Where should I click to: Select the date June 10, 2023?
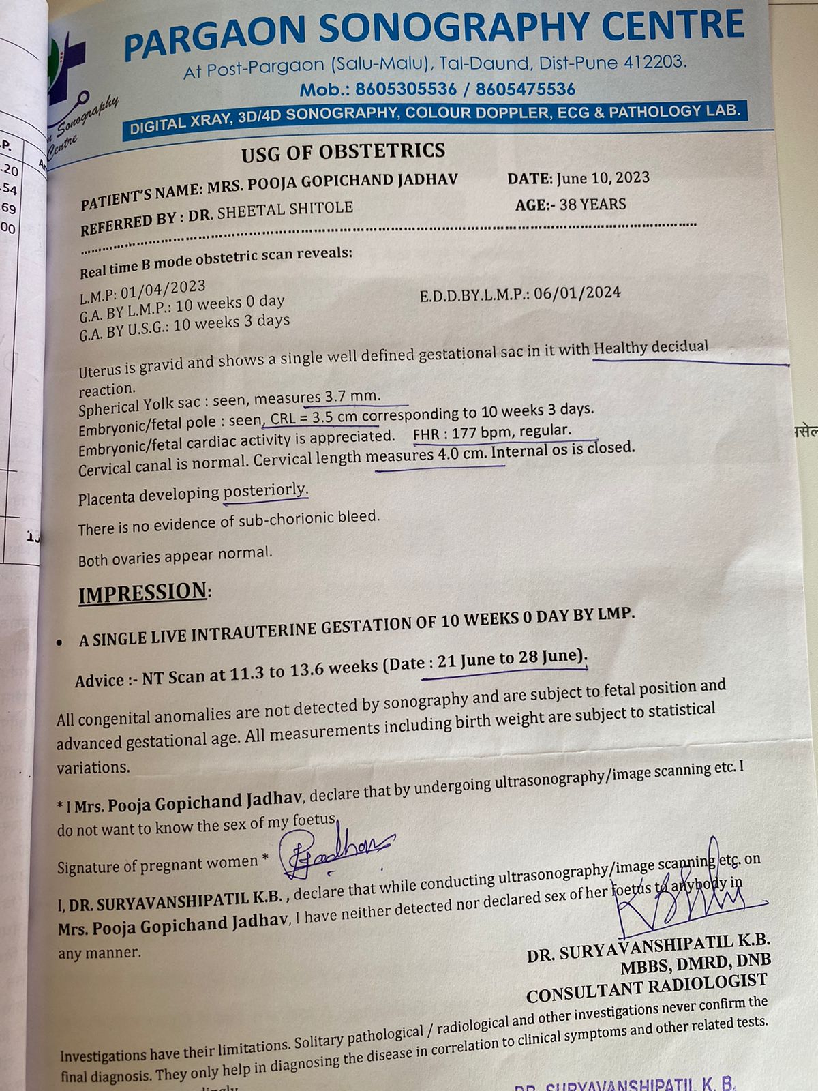click(603, 178)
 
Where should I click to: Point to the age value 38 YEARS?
click(592, 204)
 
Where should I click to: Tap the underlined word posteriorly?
click(266, 491)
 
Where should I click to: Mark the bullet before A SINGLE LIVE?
click(61, 642)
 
